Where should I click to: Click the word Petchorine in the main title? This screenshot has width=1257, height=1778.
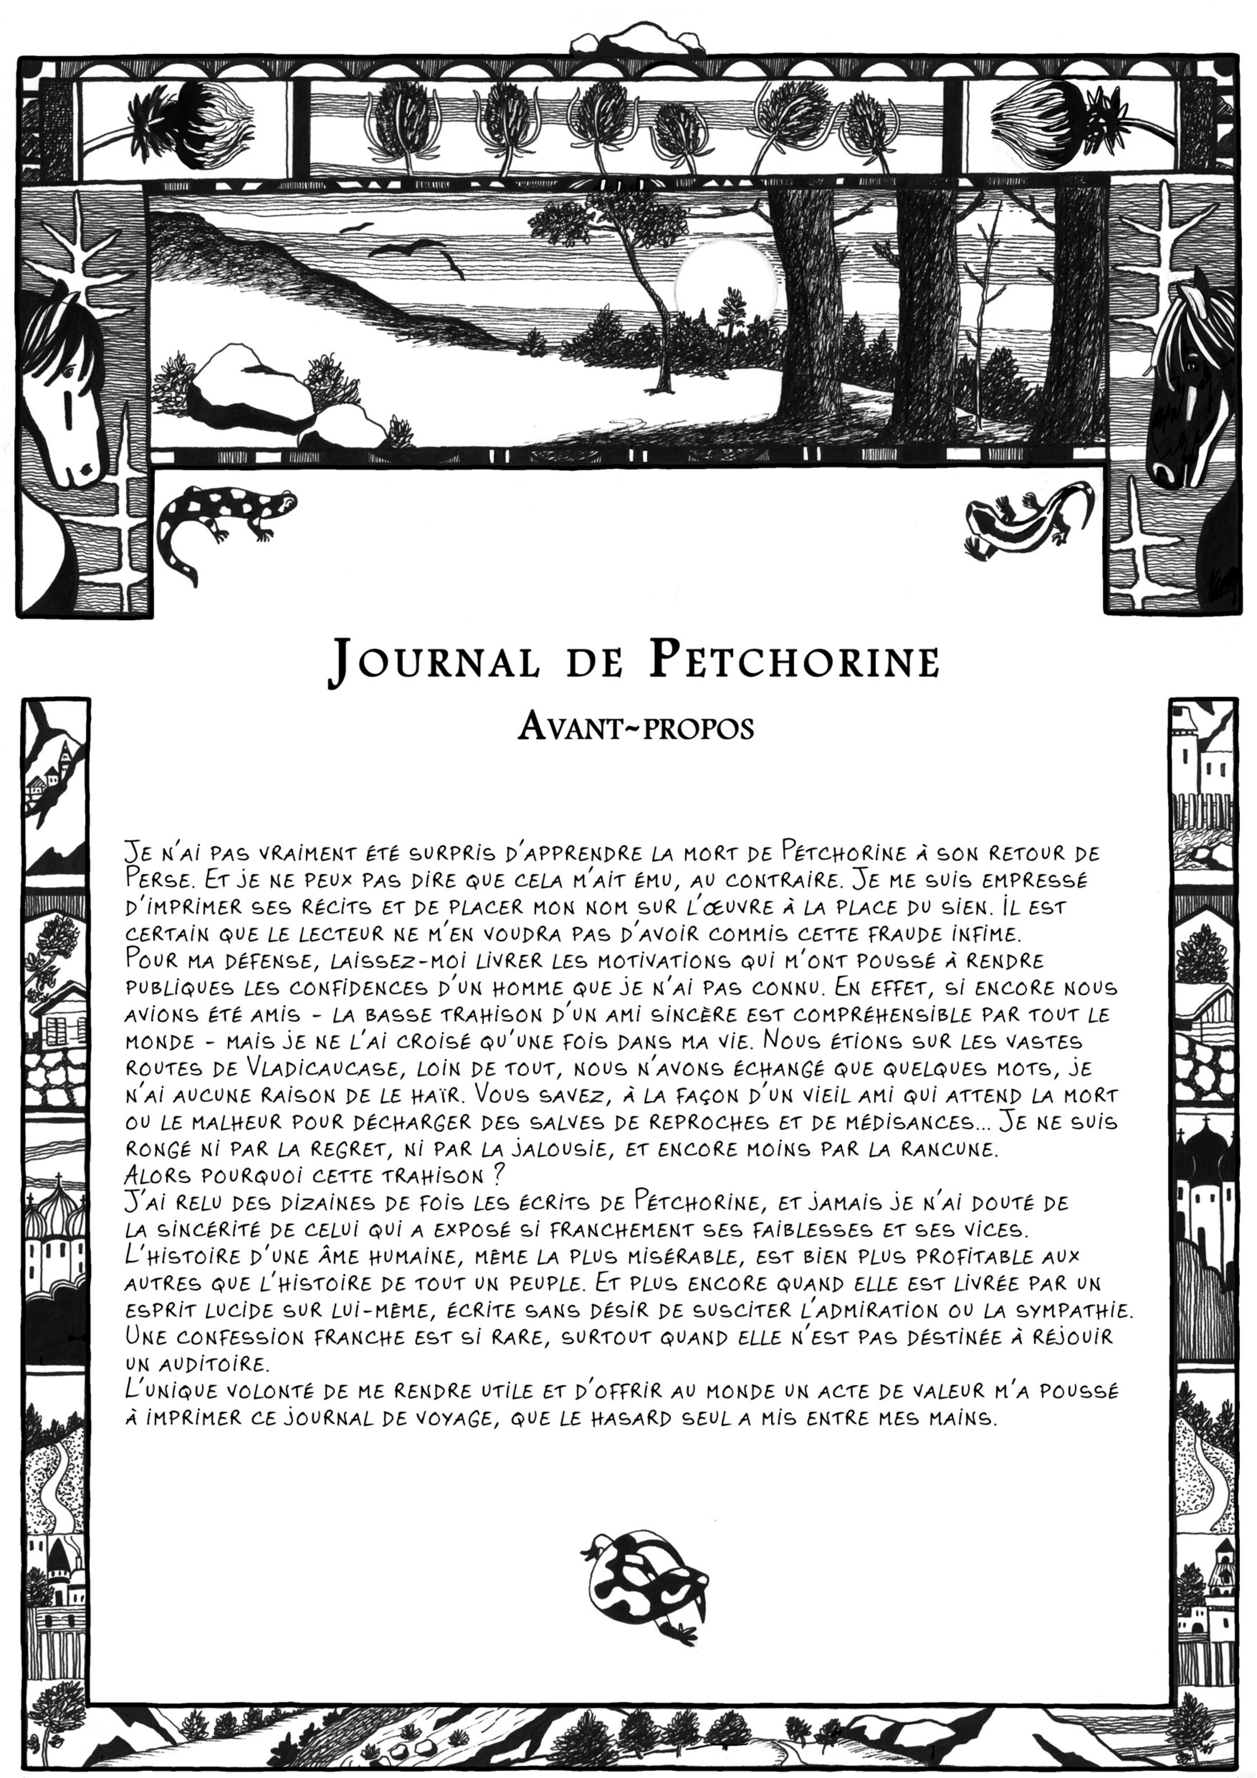pyautogui.click(x=794, y=661)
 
